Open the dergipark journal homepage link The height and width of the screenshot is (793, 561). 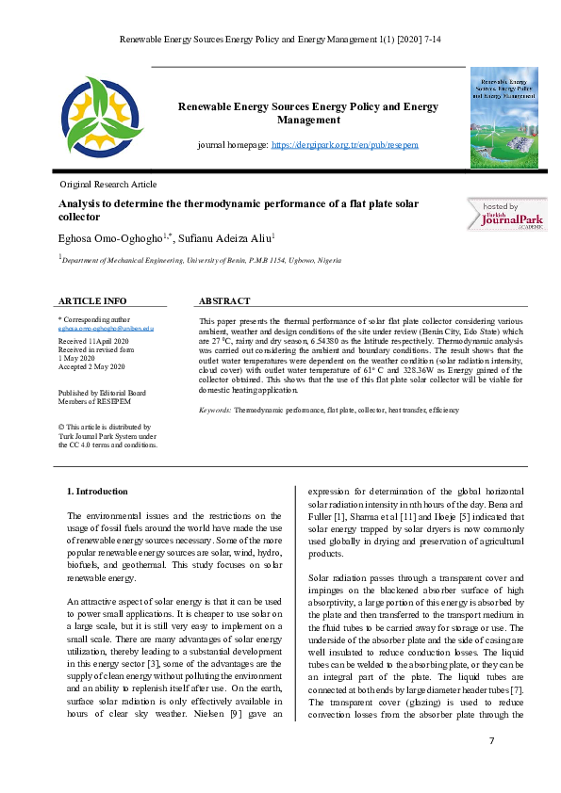tap(344, 145)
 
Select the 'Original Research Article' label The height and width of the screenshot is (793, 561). tap(107, 185)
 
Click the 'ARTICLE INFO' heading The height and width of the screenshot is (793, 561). tap(92, 301)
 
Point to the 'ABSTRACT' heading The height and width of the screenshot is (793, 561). tap(224, 301)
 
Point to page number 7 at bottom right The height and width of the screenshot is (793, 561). tap(491, 742)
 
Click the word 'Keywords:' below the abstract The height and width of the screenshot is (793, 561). tap(215, 412)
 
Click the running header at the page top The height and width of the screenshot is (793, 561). tap(280, 40)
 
